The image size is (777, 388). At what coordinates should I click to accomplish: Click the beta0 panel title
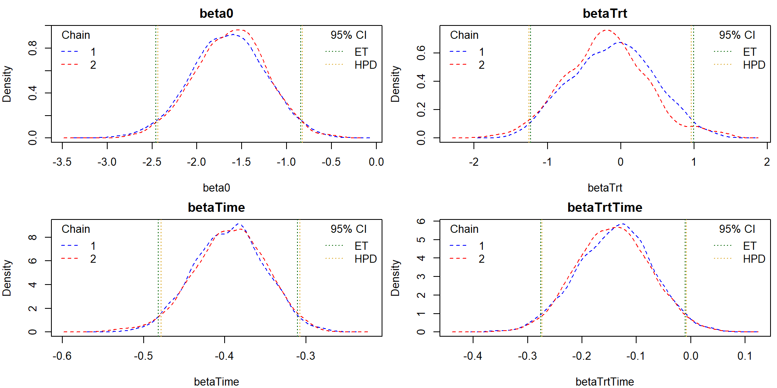[x=217, y=13]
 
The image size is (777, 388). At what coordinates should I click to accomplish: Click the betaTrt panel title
[x=605, y=13]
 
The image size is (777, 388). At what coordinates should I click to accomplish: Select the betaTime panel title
[x=217, y=207]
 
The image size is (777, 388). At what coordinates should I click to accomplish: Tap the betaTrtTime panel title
[x=605, y=207]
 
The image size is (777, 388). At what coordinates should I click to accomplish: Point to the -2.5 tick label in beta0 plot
[x=152, y=162]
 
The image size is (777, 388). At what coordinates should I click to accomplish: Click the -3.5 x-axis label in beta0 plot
[x=62, y=162]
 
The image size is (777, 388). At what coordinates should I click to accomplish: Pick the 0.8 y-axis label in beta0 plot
[x=32, y=48]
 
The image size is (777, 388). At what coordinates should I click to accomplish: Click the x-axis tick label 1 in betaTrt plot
[x=694, y=162]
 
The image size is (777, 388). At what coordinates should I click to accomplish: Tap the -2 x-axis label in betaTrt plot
[x=474, y=162]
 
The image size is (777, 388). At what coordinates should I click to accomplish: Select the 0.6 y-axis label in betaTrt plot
[x=421, y=53]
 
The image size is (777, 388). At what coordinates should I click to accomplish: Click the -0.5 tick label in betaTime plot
[x=143, y=356]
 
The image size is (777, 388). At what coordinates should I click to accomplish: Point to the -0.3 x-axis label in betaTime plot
[x=306, y=356]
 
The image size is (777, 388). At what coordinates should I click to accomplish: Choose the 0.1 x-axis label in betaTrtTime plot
[x=745, y=356]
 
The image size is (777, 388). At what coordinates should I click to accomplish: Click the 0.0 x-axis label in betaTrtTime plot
[x=690, y=356]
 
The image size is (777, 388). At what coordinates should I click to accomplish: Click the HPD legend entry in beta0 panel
[x=365, y=65]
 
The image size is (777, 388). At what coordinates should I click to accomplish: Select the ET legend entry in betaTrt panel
[x=749, y=52]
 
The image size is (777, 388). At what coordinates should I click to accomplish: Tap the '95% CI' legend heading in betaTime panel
[x=348, y=229]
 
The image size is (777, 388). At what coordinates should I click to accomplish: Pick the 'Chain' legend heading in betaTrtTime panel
[x=464, y=229]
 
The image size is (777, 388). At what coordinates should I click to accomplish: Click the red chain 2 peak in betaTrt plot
[x=606, y=30]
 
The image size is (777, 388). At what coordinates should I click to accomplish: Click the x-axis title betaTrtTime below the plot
[x=605, y=382]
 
